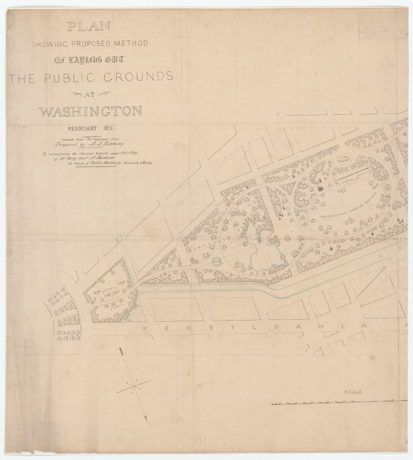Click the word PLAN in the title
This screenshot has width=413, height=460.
coord(88,27)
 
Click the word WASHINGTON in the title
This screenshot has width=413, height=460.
coord(90,111)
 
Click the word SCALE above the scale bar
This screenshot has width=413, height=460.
coord(353,392)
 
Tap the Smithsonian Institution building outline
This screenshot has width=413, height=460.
coord(355,173)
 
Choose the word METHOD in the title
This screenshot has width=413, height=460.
coord(131,44)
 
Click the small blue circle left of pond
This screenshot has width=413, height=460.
coord(219,261)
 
